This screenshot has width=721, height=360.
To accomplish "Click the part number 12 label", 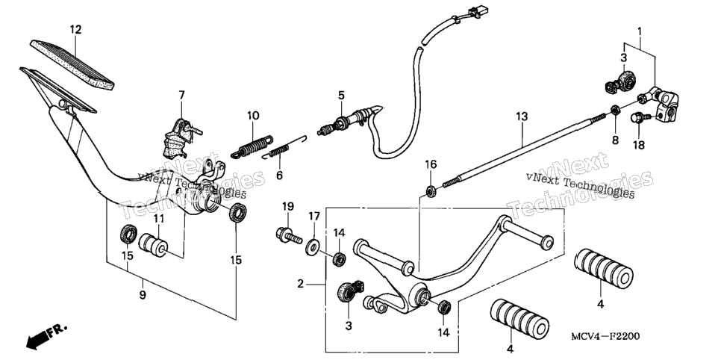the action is click(75, 30).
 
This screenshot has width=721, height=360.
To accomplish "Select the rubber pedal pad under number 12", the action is click(72, 64).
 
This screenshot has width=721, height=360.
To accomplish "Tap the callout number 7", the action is click(181, 96).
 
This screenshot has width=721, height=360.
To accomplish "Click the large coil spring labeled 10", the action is click(252, 146).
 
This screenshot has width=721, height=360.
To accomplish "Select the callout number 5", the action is click(341, 96).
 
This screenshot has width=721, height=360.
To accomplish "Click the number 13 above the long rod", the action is click(522, 117).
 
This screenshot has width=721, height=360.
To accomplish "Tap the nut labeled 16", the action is click(431, 190).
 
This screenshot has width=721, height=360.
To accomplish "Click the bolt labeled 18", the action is click(640, 118).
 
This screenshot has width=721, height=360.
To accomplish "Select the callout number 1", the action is click(639, 31).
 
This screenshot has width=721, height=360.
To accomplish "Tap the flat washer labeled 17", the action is click(313, 246).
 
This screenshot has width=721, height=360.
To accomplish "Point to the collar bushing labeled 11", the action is click(154, 245).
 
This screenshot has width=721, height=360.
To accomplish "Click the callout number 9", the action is click(143, 294).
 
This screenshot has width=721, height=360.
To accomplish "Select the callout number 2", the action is click(300, 284).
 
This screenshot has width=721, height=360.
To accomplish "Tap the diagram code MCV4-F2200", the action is click(605, 337).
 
